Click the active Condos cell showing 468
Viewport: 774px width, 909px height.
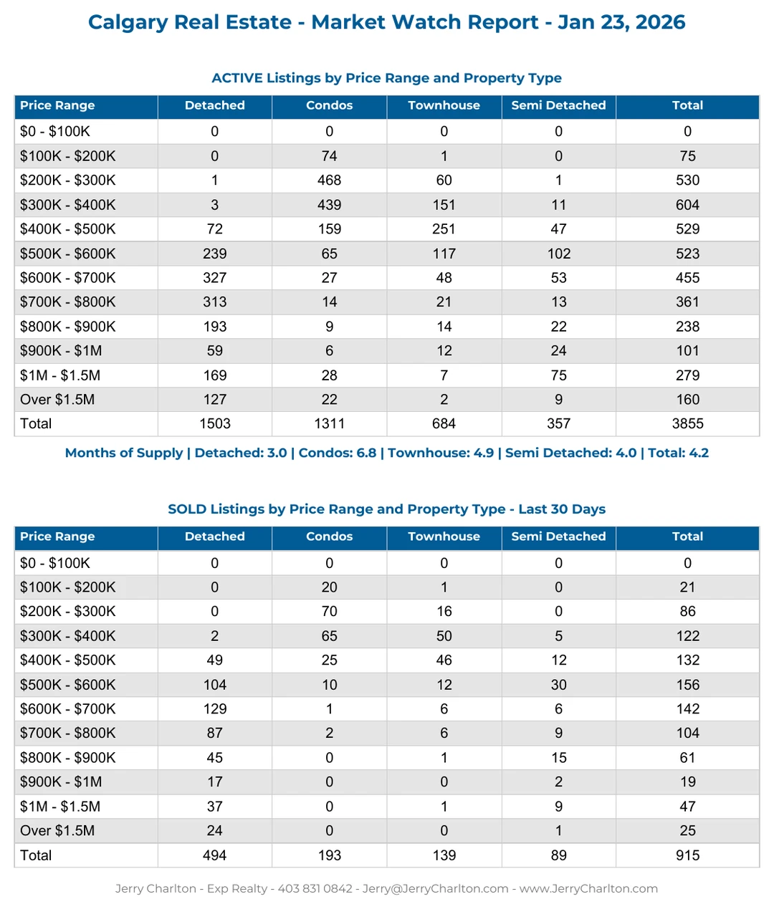(x=329, y=181)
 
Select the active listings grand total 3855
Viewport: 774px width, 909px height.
(x=687, y=424)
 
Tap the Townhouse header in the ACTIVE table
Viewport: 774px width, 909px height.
(x=444, y=105)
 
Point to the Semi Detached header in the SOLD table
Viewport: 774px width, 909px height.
(x=558, y=537)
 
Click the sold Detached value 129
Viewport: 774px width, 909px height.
(x=214, y=709)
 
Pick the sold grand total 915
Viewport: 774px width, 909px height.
(x=687, y=855)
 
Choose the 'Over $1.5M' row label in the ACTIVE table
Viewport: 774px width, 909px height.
(x=57, y=400)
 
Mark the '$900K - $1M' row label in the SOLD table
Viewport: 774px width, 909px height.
(x=61, y=782)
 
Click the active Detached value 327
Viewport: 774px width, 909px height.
(x=214, y=278)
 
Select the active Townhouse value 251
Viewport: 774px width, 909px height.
(x=444, y=229)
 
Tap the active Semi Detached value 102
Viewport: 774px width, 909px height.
(x=558, y=254)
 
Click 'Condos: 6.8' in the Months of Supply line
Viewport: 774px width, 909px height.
(x=337, y=453)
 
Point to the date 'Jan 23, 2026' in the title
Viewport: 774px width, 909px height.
(x=621, y=22)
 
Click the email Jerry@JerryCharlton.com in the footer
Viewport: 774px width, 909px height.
(x=435, y=889)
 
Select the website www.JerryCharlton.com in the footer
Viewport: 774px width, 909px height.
(x=588, y=889)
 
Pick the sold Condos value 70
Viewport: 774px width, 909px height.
(x=329, y=612)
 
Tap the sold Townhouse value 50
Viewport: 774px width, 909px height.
(x=444, y=636)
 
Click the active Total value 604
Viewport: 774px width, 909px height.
(x=687, y=205)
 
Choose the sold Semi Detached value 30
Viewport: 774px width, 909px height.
(x=558, y=685)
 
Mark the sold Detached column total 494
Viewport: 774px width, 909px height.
(x=214, y=855)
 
